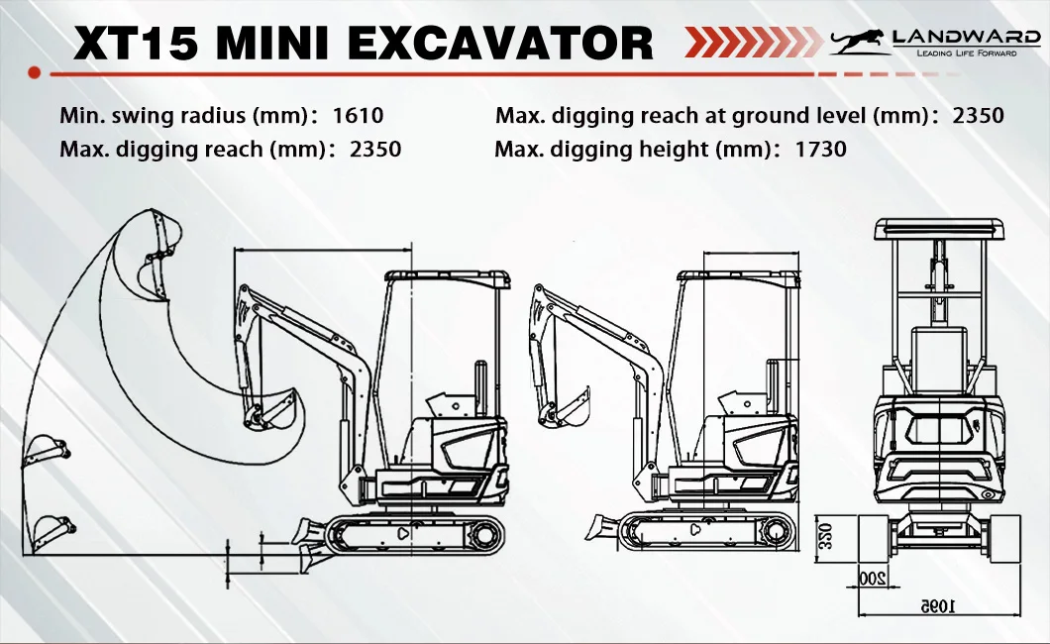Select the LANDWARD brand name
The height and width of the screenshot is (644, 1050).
pos(966,37)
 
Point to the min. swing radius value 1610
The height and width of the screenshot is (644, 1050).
pos(359,115)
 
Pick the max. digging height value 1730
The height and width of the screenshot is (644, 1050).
pos(821,148)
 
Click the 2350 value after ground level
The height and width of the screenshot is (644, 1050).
pos(979,115)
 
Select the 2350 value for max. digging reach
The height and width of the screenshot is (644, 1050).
pos(375,148)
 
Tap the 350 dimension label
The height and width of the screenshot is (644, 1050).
pos(826,537)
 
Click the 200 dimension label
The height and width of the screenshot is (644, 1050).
pos(872,578)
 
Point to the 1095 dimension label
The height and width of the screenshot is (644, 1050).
pos(938,606)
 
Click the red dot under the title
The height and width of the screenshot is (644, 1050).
pos(34,73)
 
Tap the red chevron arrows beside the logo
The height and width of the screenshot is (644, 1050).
pos(752,42)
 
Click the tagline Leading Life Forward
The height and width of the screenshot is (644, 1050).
pos(966,53)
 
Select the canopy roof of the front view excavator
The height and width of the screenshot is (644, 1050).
pos(939,229)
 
